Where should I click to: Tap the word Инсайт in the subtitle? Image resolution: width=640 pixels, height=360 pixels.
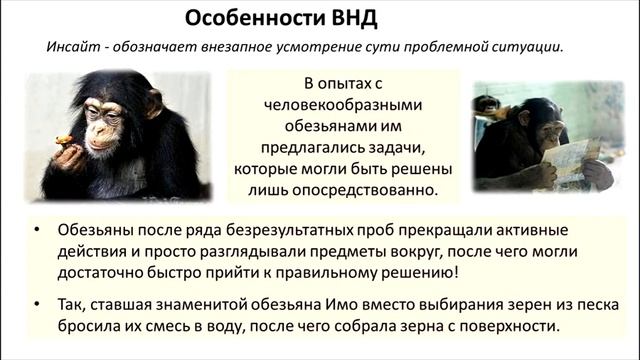coord(72,47)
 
